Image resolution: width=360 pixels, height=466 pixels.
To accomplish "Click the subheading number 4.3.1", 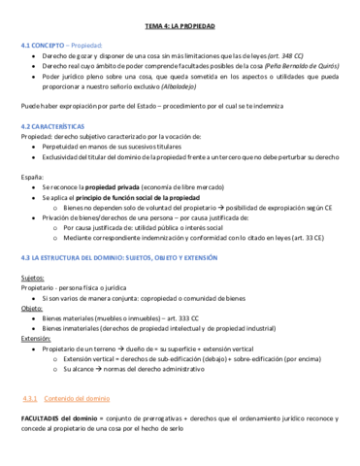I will tap(29, 399).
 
